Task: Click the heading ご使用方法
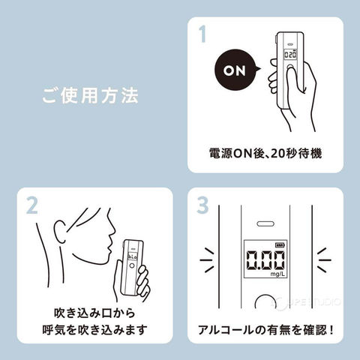tap(90, 95)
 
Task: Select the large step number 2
tap(31, 205)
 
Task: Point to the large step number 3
tap(202, 205)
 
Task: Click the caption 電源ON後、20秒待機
tap(265, 153)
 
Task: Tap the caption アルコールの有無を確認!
tap(265, 330)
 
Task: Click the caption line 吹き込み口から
tap(94, 313)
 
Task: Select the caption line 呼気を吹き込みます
tap(94, 330)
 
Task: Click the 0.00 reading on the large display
tap(265, 260)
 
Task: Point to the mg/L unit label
tap(277, 274)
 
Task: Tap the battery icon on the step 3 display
tap(279, 245)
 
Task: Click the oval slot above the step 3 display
tap(265, 223)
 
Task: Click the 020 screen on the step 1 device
tap(290, 55)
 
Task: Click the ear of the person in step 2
tap(60, 230)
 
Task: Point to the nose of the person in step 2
tap(113, 228)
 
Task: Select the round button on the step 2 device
tap(132, 266)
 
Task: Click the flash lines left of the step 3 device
tap(207, 260)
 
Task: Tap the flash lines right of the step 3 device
tap(324, 260)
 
